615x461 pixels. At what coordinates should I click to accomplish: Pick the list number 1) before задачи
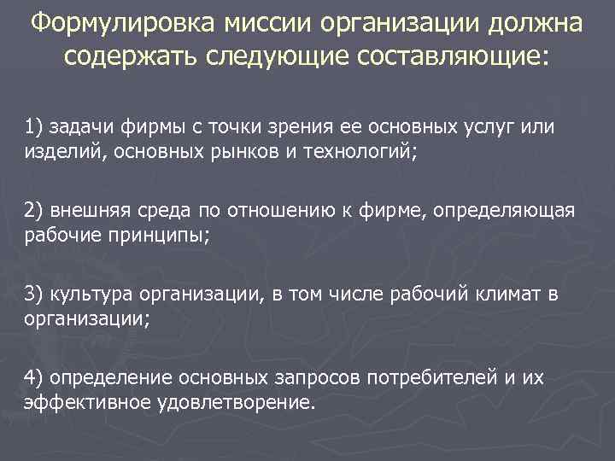click(x=33, y=127)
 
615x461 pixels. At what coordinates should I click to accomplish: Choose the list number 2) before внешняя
click(x=33, y=212)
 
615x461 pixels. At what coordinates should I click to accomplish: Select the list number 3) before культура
click(x=33, y=295)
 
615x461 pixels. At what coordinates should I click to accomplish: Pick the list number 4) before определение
click(x=33, y=377)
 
